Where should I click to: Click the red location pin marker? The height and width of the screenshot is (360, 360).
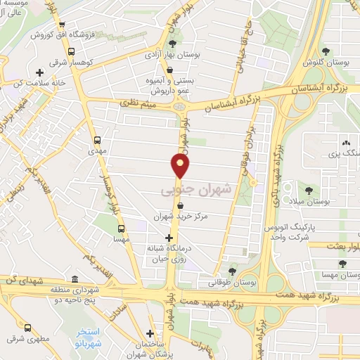(x=181, y=166)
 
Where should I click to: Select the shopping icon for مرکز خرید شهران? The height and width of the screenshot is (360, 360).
(x=181, y=206)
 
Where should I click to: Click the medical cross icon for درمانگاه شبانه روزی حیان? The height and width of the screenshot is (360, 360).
(x=168, y=238)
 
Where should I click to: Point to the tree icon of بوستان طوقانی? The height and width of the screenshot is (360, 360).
(x=232, y=271)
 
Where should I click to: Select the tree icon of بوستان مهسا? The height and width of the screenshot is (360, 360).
(x=342, y=264)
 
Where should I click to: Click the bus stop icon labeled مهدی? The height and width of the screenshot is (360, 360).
(x=96, y=139)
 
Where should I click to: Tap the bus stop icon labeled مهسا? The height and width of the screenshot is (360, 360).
(x=121, y=229)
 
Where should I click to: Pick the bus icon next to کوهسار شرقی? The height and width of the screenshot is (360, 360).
(x=70, y=51)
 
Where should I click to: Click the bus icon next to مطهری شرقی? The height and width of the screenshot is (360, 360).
(x=28, y=327)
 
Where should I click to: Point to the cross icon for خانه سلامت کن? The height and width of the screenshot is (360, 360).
(x=40, y=72)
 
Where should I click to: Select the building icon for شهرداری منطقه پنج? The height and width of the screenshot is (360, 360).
(x=75, y=278)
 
